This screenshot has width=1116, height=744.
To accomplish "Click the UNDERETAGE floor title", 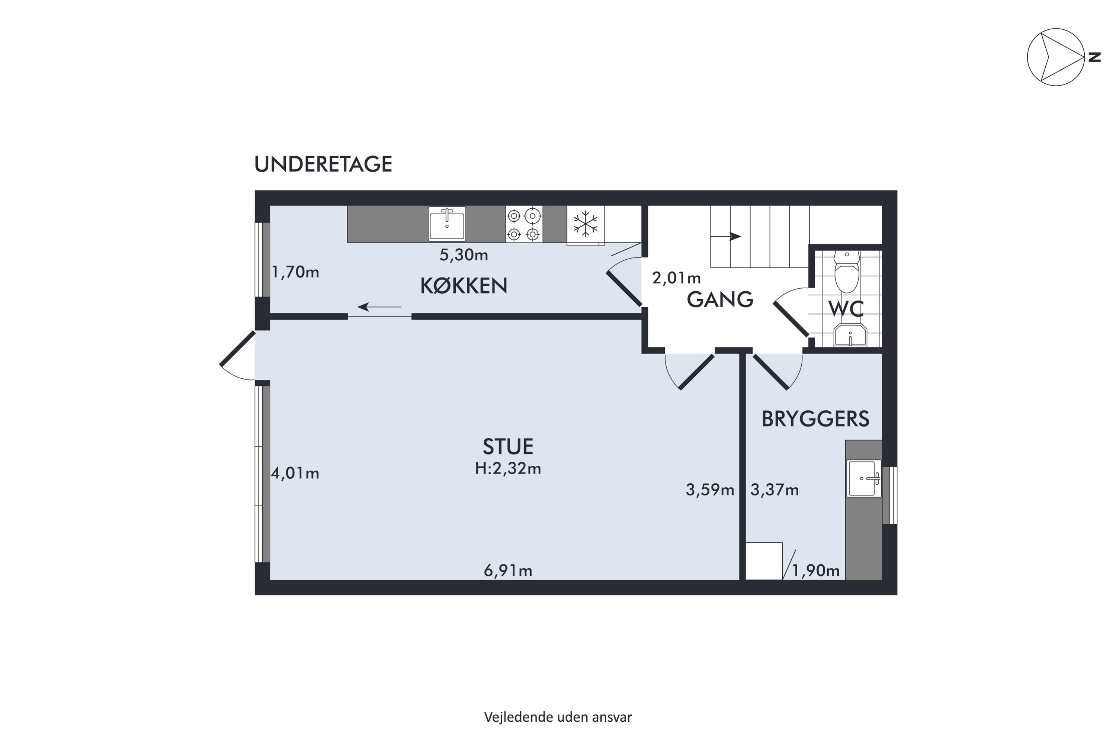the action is [x=323, y=164].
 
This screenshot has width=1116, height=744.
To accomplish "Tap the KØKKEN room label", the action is [x=464, y=286].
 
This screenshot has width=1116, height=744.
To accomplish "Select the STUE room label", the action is [x=508, y=446].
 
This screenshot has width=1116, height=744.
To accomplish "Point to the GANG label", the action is [x=720, y=299].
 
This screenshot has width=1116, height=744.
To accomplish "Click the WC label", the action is [x=846, y=309].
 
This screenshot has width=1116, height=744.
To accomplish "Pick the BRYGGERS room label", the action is [x=815, y=419].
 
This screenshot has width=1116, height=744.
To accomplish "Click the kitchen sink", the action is [x=447, y=224].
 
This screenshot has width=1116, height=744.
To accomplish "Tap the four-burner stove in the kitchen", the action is [x=524, y=224].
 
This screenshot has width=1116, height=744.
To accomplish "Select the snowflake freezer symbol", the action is [x=586, y=224].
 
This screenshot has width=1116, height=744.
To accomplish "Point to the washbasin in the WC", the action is [x=850, y=336].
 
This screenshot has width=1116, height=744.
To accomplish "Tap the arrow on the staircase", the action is [x=726, y=236].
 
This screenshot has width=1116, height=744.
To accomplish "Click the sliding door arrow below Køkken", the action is [x=379, y=307].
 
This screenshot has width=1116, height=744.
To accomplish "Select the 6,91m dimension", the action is [x=508, y=570].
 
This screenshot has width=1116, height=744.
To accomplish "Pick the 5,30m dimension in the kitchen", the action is [x=464, y=255].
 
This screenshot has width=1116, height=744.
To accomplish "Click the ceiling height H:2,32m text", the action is [x=508, y=469].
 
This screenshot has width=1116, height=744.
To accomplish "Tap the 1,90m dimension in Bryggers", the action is [x=816, y=570].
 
